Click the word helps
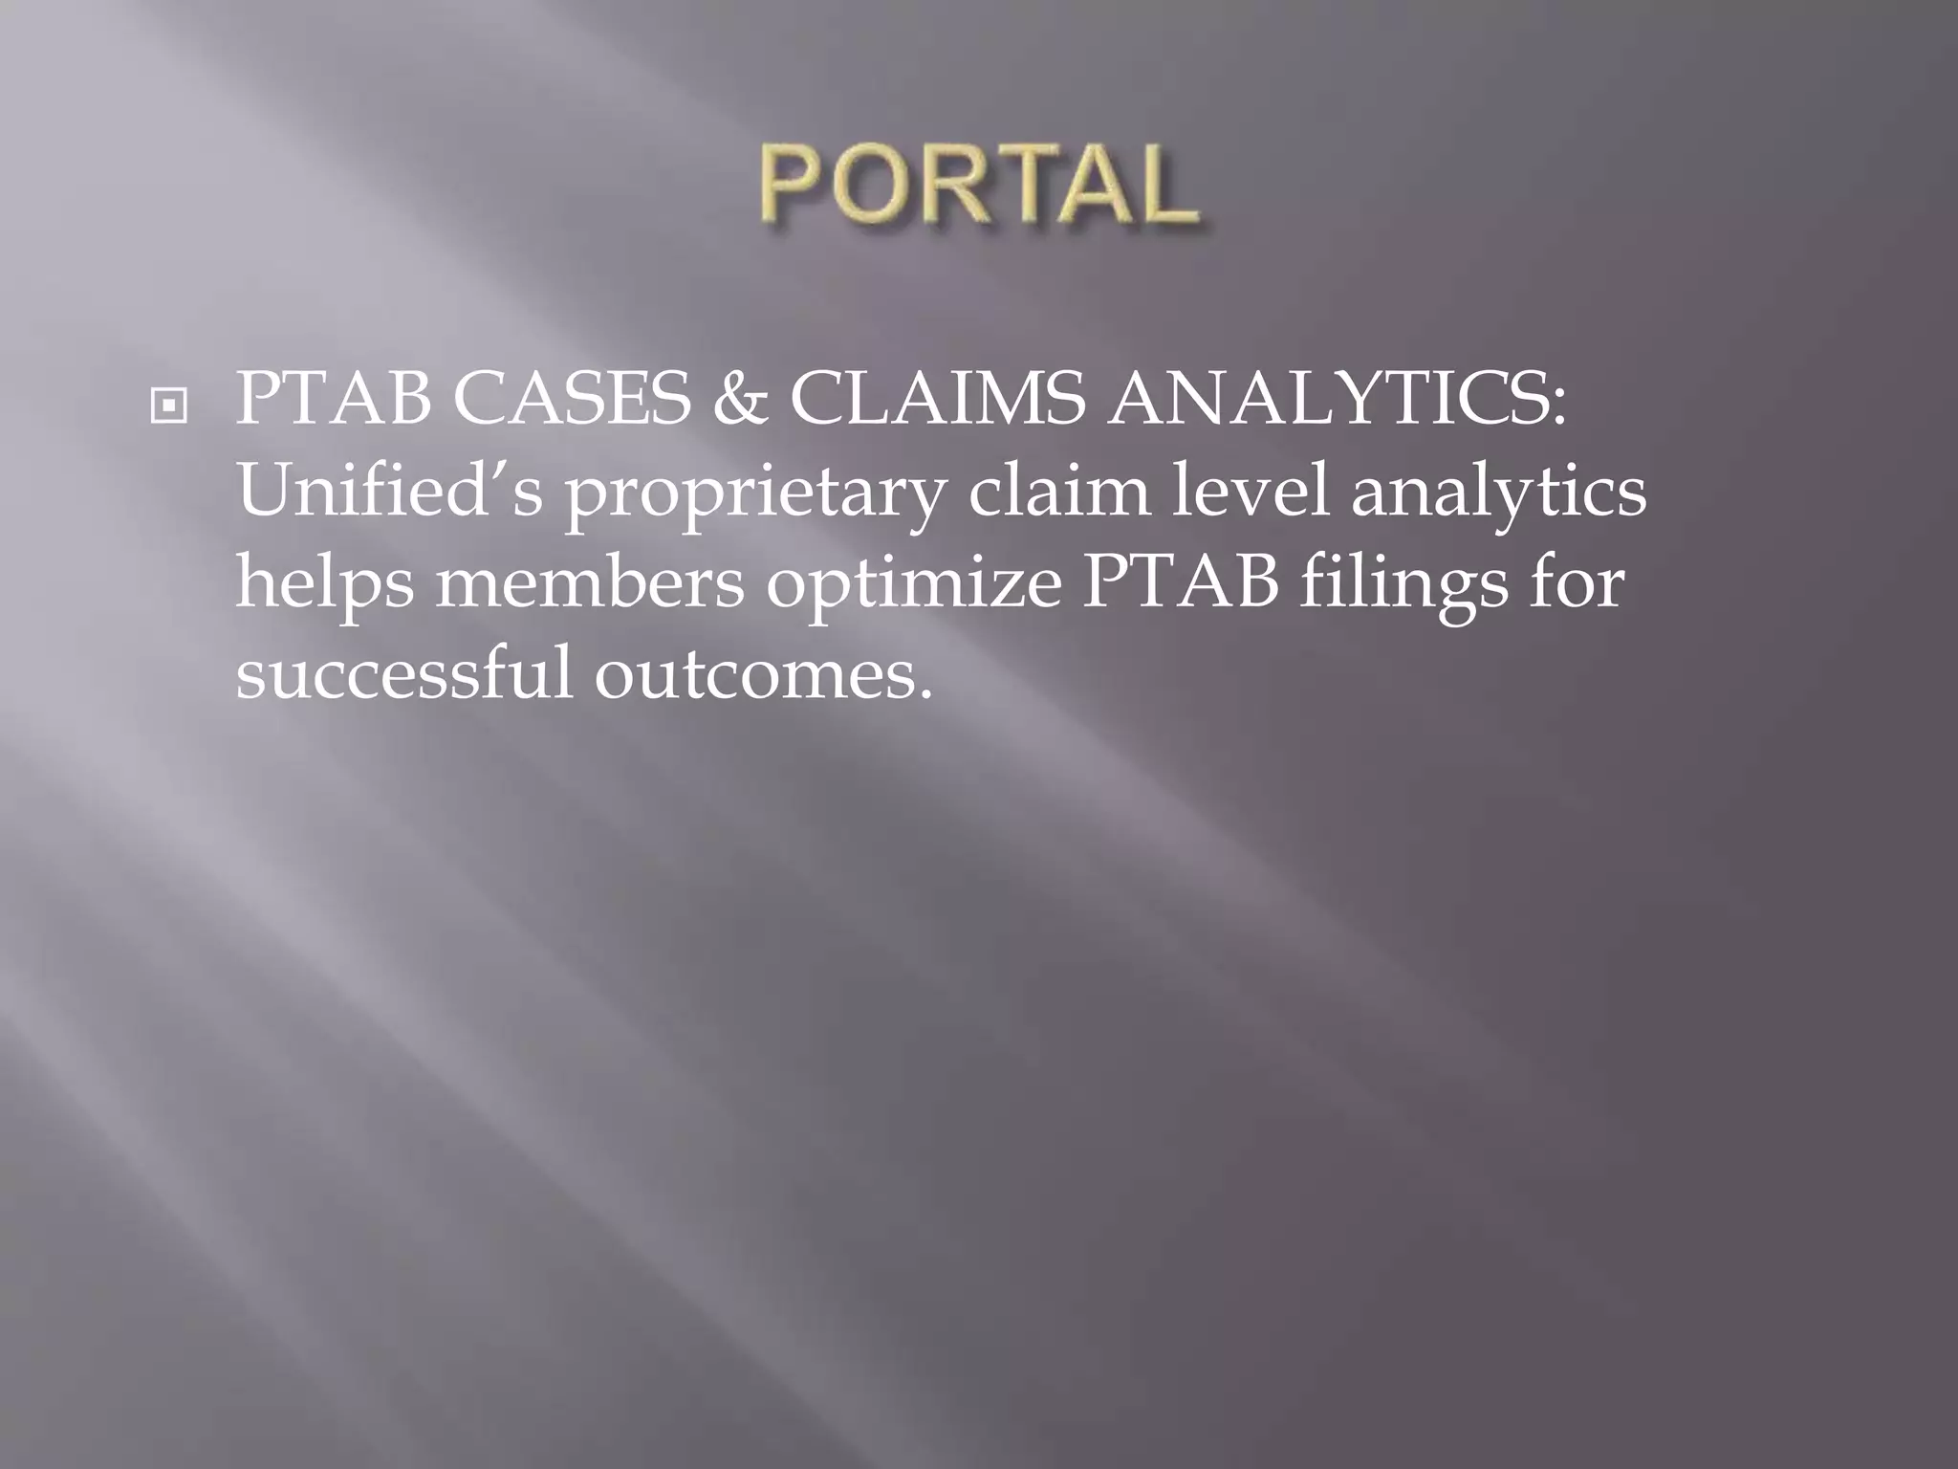click(325, 585)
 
